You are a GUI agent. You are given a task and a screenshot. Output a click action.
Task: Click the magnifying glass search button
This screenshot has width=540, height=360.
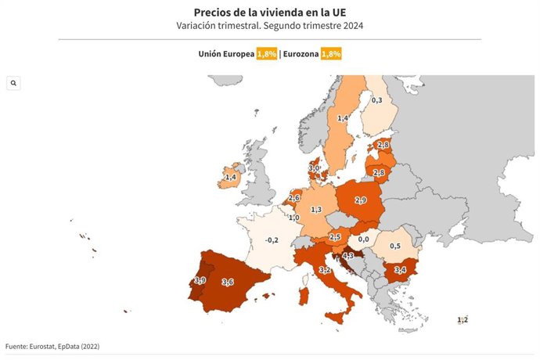pos(13,83)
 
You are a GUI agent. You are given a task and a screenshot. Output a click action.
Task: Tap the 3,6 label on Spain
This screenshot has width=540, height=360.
pos(228,282)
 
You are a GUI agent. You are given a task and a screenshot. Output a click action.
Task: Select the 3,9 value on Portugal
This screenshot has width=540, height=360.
pos(200,280)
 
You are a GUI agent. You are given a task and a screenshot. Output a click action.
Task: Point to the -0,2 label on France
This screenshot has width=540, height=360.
pos(272,239)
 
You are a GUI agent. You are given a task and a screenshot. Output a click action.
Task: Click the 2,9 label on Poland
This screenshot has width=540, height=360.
pos(361,200)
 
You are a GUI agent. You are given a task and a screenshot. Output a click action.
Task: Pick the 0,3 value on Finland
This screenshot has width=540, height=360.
pos(376,100)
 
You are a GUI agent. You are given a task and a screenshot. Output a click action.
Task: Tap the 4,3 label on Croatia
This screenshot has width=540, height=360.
pos(348,256)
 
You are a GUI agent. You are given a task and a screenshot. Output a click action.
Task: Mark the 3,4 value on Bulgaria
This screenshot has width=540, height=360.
pos(400,270)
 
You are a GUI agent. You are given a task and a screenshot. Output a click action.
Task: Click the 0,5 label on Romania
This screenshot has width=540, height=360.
pos(396,246)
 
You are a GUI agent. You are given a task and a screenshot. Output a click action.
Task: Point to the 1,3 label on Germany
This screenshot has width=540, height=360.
pos(316,210)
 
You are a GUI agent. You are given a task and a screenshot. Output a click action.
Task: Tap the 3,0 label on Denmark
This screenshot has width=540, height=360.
pos(314,167)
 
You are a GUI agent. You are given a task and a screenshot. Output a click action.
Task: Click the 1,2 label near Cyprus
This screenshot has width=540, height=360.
pos(463,319)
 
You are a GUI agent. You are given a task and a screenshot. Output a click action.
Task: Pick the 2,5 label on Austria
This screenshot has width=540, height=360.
pos(335,237)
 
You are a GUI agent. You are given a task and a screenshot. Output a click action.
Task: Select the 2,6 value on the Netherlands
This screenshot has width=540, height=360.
pos(294,198)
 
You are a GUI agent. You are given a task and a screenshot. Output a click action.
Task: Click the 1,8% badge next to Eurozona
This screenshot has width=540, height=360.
pos(331,53)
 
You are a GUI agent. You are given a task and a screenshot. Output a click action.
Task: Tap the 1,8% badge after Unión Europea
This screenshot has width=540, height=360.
pos(267,53)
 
